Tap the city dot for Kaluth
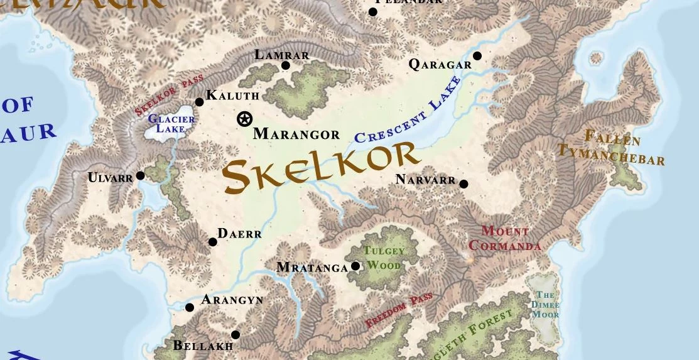(200, 102)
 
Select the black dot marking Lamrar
(286, 65)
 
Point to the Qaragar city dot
(477, 56)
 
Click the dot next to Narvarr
(463, 184)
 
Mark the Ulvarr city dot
(141, 176)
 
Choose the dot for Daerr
(213, 242)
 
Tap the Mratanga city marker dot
(355, 266)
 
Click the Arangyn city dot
(190, 307)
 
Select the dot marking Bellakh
(236, 335)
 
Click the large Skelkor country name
(320, 166)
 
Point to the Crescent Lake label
(408, 111)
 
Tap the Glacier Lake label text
(167, 124)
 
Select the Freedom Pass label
(399, 310)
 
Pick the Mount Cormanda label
(504, 238)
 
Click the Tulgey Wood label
(384, 258)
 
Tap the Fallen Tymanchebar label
(610, 147)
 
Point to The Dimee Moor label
(545, 304)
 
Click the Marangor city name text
(296, 134)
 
